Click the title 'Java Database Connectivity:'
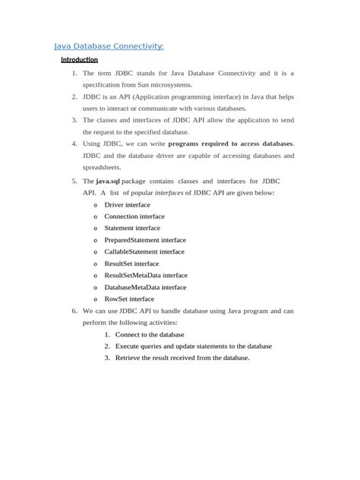[x=109, y=46]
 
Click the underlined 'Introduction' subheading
[x=79, y=59]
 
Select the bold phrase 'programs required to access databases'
[x=230, y=144]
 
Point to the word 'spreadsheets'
[x=103, y=167]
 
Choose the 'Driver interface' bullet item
[x=127, y=205]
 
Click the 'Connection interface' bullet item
[x=134, y=216]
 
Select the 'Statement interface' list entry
[x=132, y=228]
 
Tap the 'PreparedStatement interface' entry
[x=145, y=240]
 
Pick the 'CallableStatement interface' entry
[x=144, y=251]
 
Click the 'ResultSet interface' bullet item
[x=131, y=264]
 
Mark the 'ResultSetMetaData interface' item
[x=146, y=275]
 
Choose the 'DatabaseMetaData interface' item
[x=145, y=287]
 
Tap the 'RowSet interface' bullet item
[x=129, y=299]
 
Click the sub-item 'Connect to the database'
[x=154, y=334]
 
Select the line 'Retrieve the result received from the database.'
[x=182, y=358]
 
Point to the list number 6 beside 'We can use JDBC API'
[x=74, y=311]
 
